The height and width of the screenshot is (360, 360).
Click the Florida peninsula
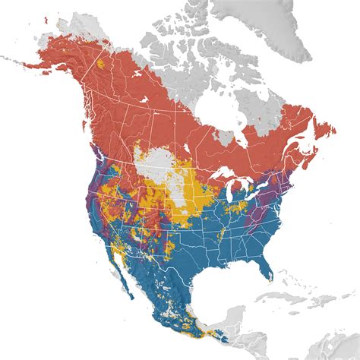[x=267, y=265]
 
